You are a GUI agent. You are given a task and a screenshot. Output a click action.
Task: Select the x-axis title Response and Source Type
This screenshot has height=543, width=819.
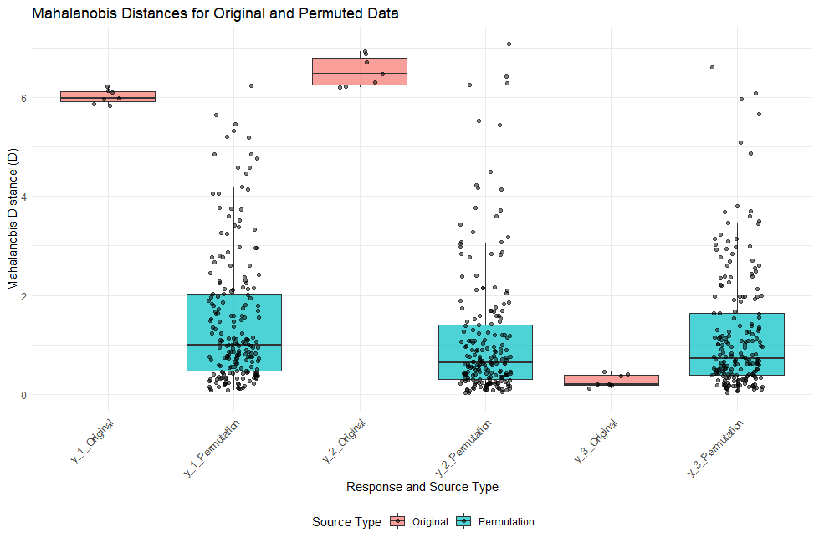click(422, 487)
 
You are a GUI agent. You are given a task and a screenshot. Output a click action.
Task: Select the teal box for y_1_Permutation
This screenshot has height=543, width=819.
click(233, 332)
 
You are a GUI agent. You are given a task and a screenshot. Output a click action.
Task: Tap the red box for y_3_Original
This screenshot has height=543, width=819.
click(611, 380)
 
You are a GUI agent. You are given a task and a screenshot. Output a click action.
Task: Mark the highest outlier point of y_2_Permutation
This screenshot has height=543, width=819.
click(509, 44)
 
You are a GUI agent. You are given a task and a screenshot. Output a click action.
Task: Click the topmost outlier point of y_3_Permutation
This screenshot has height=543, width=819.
click(712, 67)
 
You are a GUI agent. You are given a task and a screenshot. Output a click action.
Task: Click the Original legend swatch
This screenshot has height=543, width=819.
click(398, 521)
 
